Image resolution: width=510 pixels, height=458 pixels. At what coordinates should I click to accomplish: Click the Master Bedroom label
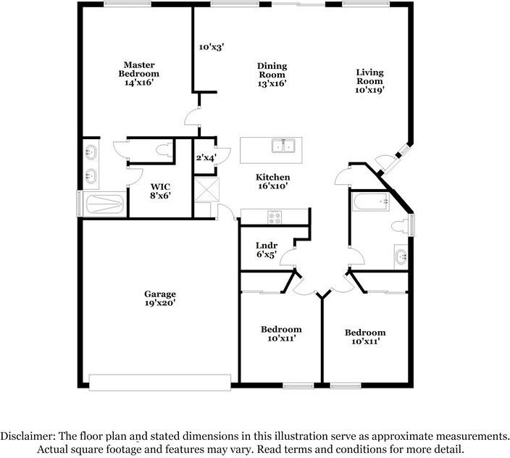click(139, 70)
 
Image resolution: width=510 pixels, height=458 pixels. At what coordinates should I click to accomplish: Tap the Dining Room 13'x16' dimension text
click(272, 83)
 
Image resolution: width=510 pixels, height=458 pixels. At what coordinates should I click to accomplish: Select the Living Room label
click(369, 76)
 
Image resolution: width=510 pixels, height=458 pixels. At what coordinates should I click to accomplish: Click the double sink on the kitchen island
click(283, 146)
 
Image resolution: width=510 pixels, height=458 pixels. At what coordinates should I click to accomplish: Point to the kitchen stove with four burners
click(275, 217)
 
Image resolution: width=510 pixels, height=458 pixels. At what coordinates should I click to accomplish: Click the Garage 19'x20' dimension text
click(160, 303)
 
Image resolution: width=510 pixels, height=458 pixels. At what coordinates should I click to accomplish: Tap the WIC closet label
click(160, 187)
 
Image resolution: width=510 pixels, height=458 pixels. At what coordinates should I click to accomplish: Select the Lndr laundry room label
click(267, 246)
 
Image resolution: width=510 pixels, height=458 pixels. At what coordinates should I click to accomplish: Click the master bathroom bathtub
click(105, 204)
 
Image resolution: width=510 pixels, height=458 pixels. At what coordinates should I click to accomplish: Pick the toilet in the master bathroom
click(164, 150)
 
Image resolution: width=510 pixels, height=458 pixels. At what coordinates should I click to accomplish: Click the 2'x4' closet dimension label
click(206, 158)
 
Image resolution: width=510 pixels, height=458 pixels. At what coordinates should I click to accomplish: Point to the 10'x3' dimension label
click(212, 47)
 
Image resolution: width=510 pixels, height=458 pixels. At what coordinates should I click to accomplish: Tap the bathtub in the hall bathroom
click(371, 202)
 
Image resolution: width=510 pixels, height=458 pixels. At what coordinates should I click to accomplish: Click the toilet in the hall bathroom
click(399, 226)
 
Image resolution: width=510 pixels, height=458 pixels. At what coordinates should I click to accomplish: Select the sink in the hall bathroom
click(401, 257)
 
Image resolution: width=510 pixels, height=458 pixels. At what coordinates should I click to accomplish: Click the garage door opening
click(160, 382)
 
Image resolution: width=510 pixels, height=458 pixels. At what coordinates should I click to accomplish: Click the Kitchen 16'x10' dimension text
click(272, 186)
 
